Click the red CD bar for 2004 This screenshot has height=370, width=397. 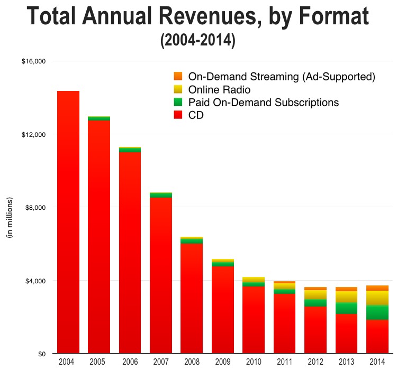[x=68, y=222]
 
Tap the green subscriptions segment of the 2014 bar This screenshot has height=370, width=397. [x=377, y=312]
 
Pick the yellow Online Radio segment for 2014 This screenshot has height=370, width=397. [x=377, y=298]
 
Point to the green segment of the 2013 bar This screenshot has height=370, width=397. [x=347, y=308]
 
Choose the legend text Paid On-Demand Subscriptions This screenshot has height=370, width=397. [x=263, y=102]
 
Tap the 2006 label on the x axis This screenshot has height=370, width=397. [x=130, y=362]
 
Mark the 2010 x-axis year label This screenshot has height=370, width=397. [x=254, y=362]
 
